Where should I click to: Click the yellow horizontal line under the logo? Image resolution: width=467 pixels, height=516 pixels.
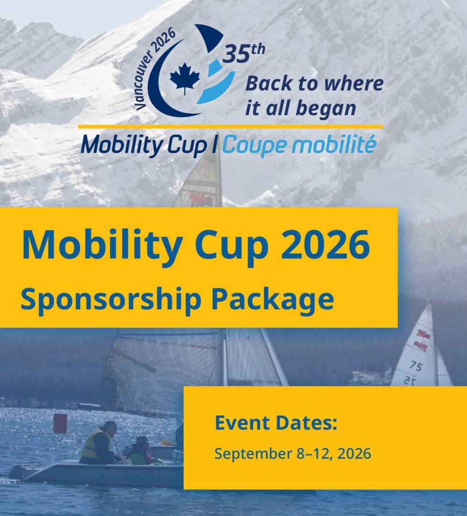click(x=231, y=127)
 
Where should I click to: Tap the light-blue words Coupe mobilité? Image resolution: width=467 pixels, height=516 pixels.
click(x=299, y=145)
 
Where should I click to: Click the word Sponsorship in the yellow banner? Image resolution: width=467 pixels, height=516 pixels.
click(x=111, y=300)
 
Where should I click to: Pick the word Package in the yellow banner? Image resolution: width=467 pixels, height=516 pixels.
click(x=273, y=300)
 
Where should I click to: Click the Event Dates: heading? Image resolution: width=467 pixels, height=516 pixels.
click(x=276, y=423)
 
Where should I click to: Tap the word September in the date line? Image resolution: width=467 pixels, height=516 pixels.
click(x=253, y=454)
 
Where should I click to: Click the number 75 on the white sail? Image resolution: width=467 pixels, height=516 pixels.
click(x=416, y=366)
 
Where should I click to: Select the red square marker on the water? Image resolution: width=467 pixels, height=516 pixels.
click(x=60, y=423)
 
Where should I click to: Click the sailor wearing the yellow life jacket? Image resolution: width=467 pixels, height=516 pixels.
click(x=99, y=443)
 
